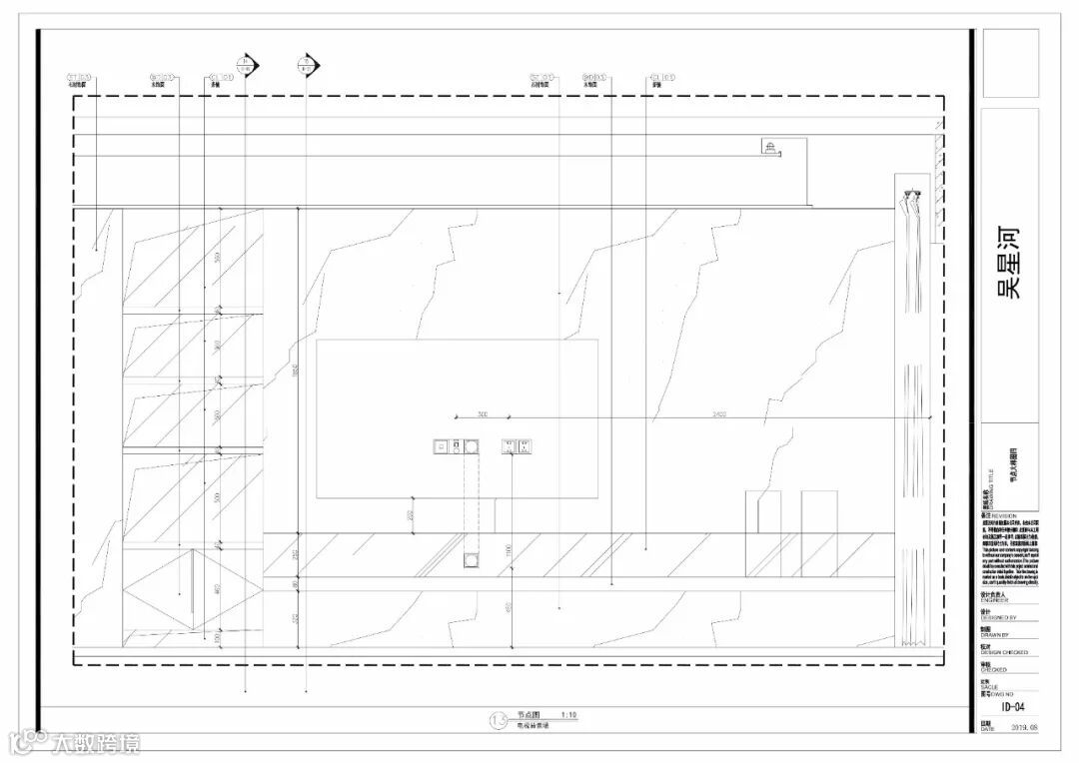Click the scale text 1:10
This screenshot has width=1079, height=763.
point(569,715)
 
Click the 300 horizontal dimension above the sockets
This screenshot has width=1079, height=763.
point(482,412)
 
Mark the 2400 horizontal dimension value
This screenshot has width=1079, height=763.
point(719,412)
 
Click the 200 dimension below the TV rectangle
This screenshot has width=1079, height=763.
point(410,515)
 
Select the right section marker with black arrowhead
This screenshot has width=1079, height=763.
point(308,66)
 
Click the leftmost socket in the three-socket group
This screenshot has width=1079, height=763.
point(441,446)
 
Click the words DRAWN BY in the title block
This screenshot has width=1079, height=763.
point(997,635)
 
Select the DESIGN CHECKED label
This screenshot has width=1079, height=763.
point(1004,652)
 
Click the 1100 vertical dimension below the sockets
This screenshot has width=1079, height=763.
point(508,550)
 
